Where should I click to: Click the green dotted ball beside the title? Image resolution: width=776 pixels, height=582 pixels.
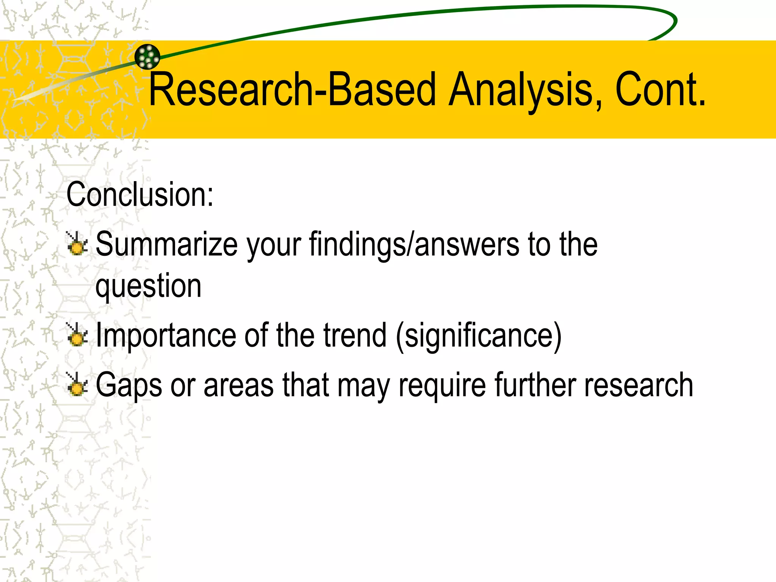[147, 57]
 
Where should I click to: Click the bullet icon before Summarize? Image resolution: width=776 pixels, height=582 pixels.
[77, 244]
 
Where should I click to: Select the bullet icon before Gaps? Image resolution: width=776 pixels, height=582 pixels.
[77, 385]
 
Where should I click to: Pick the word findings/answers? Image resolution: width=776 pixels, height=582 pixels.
[414, 244]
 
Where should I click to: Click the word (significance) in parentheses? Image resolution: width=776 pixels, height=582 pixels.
[478, 335]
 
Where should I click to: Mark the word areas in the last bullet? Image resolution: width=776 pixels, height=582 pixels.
[238, 385]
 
